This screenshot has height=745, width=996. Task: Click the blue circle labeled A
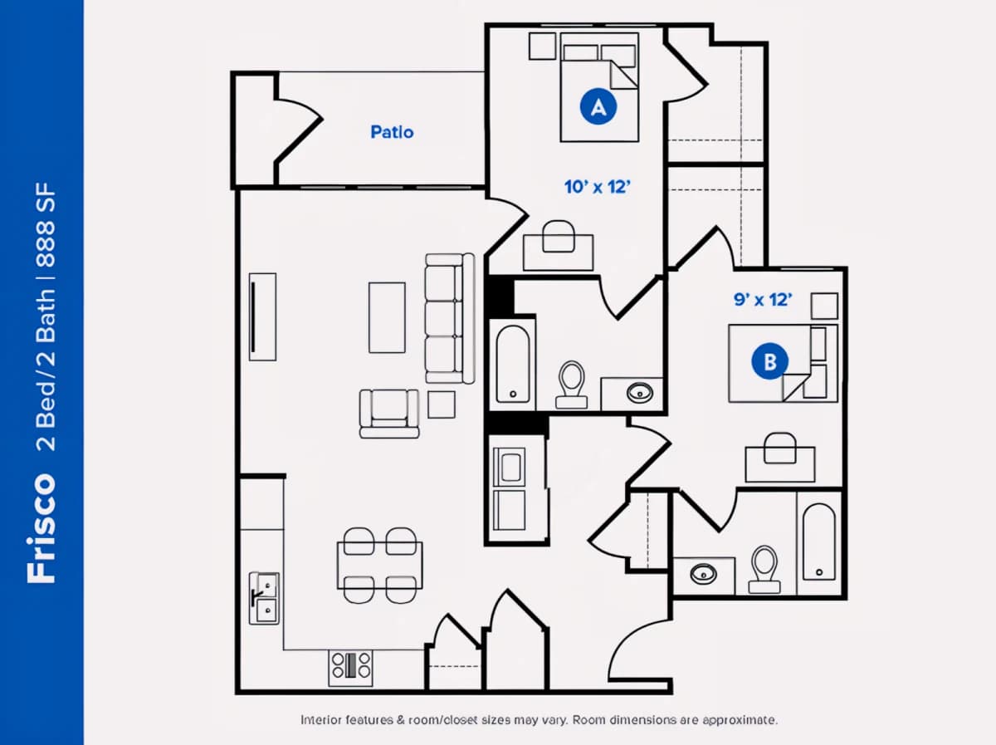point(598,106)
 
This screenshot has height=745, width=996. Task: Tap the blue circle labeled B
point(769,361)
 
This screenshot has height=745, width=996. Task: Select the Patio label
point(392,132)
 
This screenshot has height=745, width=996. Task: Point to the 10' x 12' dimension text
point(597,187)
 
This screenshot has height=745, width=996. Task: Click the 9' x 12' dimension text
point(763,300)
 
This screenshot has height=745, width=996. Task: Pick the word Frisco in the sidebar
point(41,528)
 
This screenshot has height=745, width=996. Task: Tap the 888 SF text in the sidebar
point(46,225)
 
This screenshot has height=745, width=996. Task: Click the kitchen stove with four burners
point(351,668)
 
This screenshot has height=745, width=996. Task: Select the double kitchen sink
point(264,598)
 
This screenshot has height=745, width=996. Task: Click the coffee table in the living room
point(387,318)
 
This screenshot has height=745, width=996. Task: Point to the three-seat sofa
point(450,318)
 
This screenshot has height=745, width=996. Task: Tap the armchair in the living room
point(389,413)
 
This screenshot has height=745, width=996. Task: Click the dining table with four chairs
point(380,566)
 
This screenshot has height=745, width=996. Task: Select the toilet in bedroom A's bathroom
point(572,385)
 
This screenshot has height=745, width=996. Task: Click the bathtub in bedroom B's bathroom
point(819,542)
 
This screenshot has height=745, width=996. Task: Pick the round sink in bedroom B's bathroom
point(703,574)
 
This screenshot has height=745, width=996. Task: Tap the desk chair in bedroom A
point(559,237)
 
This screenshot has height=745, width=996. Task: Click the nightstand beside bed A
point(543,46)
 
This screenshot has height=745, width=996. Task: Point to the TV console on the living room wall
point(263,317)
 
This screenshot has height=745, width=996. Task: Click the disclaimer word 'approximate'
point(740,720)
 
